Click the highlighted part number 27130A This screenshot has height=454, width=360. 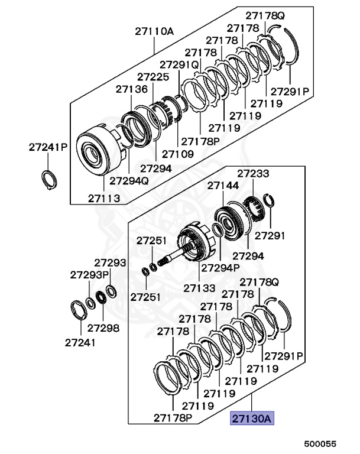(x=251, y=419)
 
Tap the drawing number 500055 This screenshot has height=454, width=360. (x=320, y=443)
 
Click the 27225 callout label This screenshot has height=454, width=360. (x=153, y=77)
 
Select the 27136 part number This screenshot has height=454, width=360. (x=131, y=89)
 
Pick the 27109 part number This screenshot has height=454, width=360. (x=177, y=154)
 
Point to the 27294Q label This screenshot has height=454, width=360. (x=129, y=180)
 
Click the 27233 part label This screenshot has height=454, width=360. (x=254, y=174)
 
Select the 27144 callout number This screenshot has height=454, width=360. (x=223, y=186)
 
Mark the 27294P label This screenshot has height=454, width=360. (x=220, y=267)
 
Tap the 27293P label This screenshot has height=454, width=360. (x=89, y=275)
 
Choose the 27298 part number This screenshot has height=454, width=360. (x=103, y=328)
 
